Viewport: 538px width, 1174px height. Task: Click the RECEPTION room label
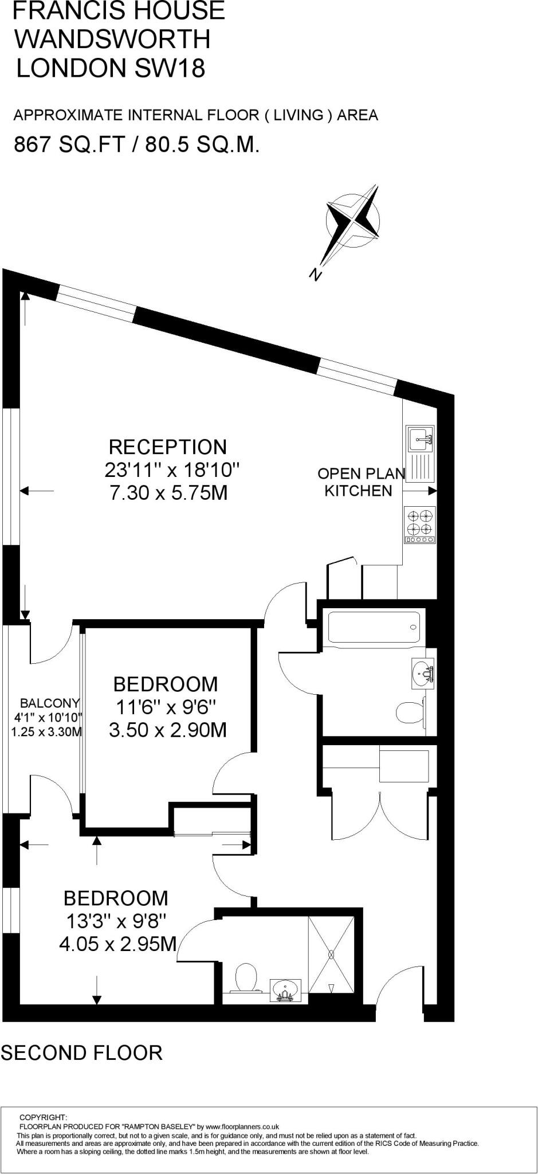click(x=168, y=447)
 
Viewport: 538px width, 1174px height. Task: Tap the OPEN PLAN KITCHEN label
click(x=362, y=482)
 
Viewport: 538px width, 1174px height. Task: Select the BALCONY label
click(x=50, y=703)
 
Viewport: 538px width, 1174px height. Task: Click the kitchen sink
click(x=420, y=440)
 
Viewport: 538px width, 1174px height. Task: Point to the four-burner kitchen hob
click(x=420, y=525)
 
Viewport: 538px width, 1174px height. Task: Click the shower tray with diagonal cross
click(x=331, y=954)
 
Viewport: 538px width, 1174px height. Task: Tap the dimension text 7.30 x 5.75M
click(x=168, y=493)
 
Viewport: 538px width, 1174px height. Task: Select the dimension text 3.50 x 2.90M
click(x=168, y=730)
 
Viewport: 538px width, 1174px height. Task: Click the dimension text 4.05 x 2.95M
click(x=118, y=943)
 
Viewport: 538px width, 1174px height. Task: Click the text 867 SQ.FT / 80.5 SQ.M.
click(x=137, y=145)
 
